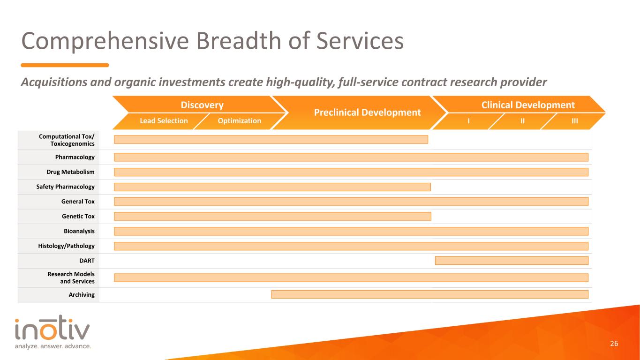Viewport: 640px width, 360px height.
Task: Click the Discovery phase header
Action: pos(202,105)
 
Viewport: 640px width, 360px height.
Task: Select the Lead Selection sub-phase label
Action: pos(164,120)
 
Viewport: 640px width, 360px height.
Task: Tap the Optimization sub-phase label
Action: pos(240,120)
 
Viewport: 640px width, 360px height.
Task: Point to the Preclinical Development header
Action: pos(367,112)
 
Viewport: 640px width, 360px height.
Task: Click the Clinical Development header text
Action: pos(528,105)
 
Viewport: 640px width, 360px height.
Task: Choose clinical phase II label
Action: pos(523,121)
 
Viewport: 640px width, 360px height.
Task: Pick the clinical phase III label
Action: pos(574,121)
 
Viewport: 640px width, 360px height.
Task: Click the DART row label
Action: pos(87,261)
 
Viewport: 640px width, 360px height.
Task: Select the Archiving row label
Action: pos(82,294)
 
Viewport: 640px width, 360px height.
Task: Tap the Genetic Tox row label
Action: pos(78,216)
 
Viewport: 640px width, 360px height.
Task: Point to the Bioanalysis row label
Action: pos(79,231)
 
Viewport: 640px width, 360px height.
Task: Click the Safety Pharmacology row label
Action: pos(65,187)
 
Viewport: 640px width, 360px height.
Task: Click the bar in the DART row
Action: pos(512,261)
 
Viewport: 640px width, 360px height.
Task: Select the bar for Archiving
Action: pos(429,294)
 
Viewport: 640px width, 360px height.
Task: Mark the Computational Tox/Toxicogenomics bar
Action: pos(271,139)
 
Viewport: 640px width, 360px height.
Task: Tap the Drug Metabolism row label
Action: pos(70,172)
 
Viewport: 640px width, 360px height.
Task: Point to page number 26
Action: pos(614,344)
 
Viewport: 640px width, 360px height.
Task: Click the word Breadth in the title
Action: pos(239,41)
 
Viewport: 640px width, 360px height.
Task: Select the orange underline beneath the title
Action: pos(65,65)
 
